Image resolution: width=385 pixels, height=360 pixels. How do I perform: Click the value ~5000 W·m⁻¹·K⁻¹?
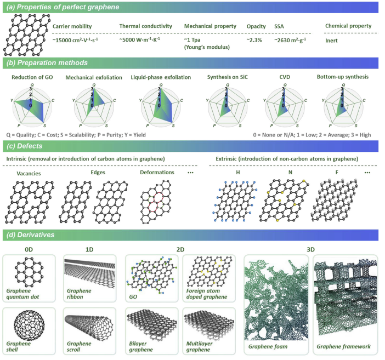pyautogui.click(x=140, y=39)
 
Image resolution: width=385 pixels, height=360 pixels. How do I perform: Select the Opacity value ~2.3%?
pyautogui.click(x=254, y=40)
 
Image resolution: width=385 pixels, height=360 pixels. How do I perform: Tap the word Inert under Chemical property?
pyautogui.click(x=331, y=41)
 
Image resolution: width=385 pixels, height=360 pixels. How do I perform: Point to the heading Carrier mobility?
pyautogui.click(x=72, y=26)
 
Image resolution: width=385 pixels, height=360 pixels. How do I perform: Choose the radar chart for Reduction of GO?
pyautogui.click(x=32, y=106)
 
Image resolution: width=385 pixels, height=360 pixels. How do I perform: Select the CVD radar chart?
pyautogui.click(x=285, y=106)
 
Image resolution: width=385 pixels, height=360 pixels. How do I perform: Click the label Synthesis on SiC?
pyautogui.click(x=228, y=77)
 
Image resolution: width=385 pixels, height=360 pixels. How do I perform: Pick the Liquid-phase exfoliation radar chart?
pyautogui.click(x=161, y=106)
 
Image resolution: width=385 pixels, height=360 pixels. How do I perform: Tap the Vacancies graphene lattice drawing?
pyautogui.click(x=30, y=202)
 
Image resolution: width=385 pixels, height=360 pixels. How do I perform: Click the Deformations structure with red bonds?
pyautogui.click(x=156, y=202)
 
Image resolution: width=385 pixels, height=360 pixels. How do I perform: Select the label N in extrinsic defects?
pyautogui.click(x=290, y=173)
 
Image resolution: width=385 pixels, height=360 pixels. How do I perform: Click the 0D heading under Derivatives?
pyautogui.click(x=29, y=249)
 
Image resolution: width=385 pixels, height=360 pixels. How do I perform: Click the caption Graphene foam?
pyautogui.click(x=268, y=346)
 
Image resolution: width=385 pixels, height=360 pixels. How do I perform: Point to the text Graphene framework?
pyautogui.click(x=343, y=346)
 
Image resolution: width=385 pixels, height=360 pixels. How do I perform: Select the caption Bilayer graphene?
pyautogui.click(x=141, y=346)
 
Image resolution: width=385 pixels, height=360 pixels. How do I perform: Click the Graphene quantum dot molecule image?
pyautogui.click(x=29, y=272)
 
